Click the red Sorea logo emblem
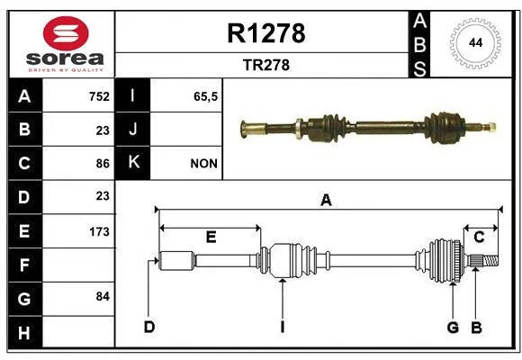66,33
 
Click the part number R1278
266,33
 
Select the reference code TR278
266,65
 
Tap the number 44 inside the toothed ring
475,42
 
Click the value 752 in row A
99,96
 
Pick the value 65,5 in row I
206,96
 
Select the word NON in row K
203,164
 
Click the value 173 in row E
99,231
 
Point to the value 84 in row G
103,296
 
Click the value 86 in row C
103,164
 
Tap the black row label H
24,332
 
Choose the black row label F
24,265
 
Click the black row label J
132,130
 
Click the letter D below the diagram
149,327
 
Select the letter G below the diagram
453,328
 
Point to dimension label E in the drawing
211,237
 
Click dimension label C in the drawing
479,237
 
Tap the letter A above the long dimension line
326,200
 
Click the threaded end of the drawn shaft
490,260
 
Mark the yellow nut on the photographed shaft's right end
491,127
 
